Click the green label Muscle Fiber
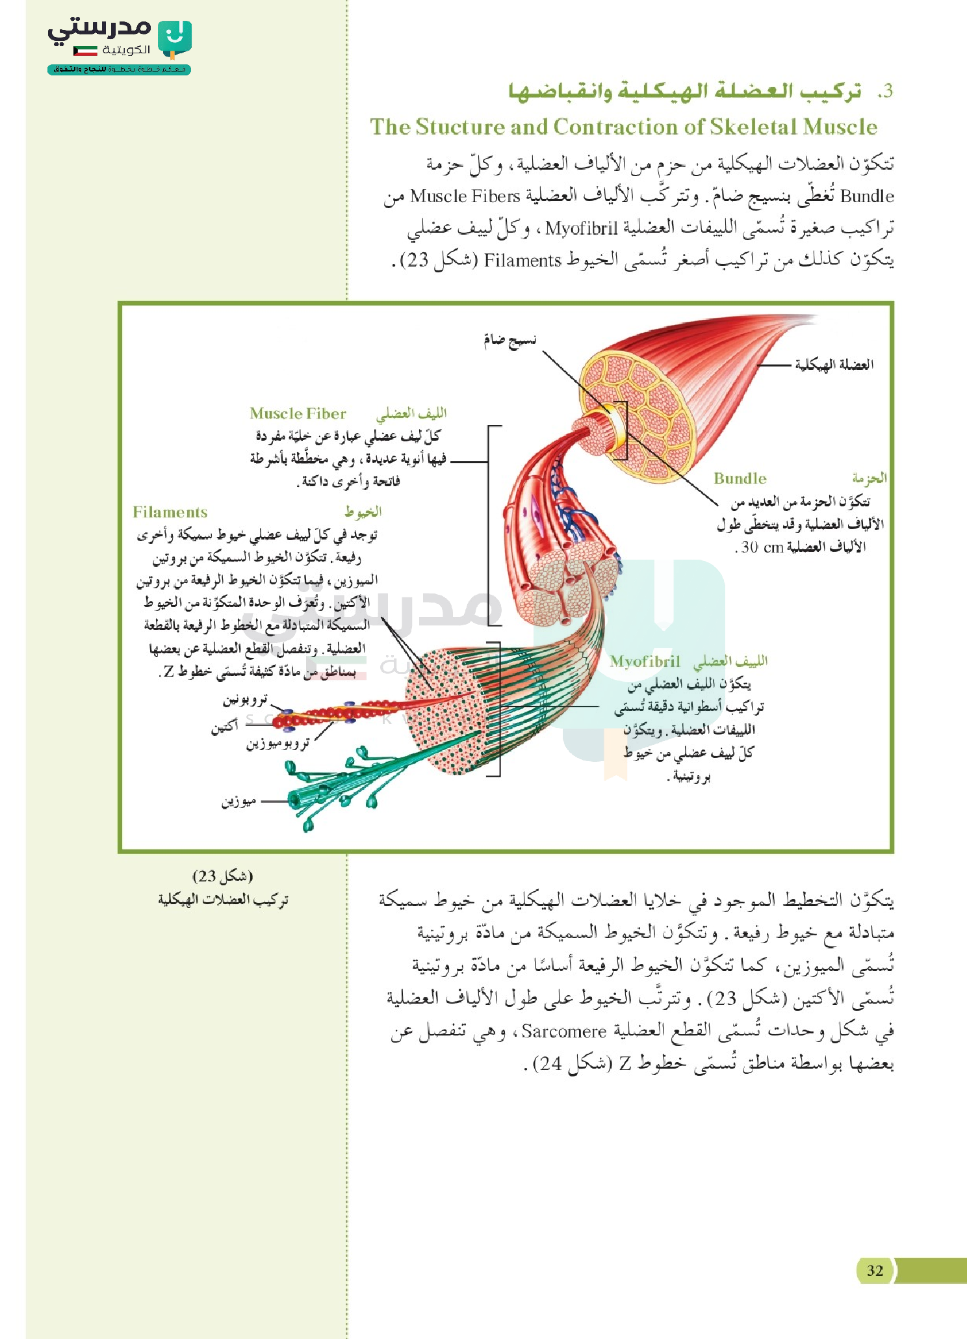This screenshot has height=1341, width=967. [x=298, y=413]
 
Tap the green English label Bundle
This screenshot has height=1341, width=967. [x=740, y=478]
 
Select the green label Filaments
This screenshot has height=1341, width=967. [x=170, y=512]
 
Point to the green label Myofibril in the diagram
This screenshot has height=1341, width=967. [x=645, y=661]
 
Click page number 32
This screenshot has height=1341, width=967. [x=875, y=1270]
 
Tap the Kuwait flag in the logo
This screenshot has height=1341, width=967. [x=85, y=50]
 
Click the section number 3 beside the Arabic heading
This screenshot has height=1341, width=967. [x=885, y=92]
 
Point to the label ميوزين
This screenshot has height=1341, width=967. [x=239, y=801]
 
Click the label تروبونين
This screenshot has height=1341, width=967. [x=245, y=700]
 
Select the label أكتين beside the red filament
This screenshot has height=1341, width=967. [x=224, y=725]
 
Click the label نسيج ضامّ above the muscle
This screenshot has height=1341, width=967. [x=509, y=340]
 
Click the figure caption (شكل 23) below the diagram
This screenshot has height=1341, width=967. [x=223, y=876]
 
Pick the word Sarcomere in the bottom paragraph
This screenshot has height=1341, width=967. [x=563, y=1031]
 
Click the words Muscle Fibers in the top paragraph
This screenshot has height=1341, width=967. [x=465, y=196]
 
